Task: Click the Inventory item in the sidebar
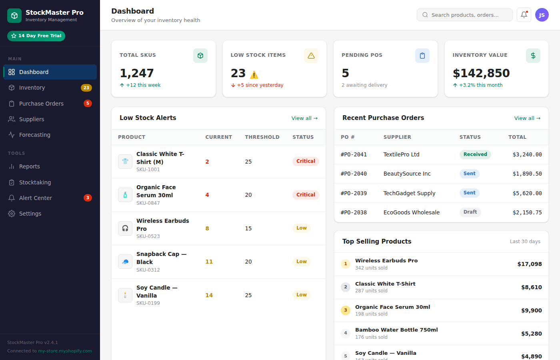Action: click(32, 88)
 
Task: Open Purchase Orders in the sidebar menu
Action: click(41, 104)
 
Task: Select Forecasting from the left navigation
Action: click(34, 135)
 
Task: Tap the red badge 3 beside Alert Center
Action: click(88, 198)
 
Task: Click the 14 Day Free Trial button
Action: click(36, 36)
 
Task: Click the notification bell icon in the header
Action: click(524, 15)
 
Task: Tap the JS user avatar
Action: click(542, 15)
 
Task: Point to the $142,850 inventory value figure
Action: click(481, 73)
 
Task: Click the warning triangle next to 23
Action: click(254, 75)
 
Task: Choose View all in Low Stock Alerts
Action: click(304, 118)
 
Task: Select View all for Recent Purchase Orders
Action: click(527, 118)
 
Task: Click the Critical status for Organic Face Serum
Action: click(306, 195)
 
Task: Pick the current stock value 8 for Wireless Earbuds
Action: click(207, 228)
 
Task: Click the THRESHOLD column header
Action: click(262, 137)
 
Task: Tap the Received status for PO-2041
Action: click(475, 154)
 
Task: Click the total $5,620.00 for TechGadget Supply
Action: click(527, 193)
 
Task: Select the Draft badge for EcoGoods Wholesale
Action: click(470, 212)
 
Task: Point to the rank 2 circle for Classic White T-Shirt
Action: click(346, 287)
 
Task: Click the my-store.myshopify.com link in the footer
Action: click(65, 351)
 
